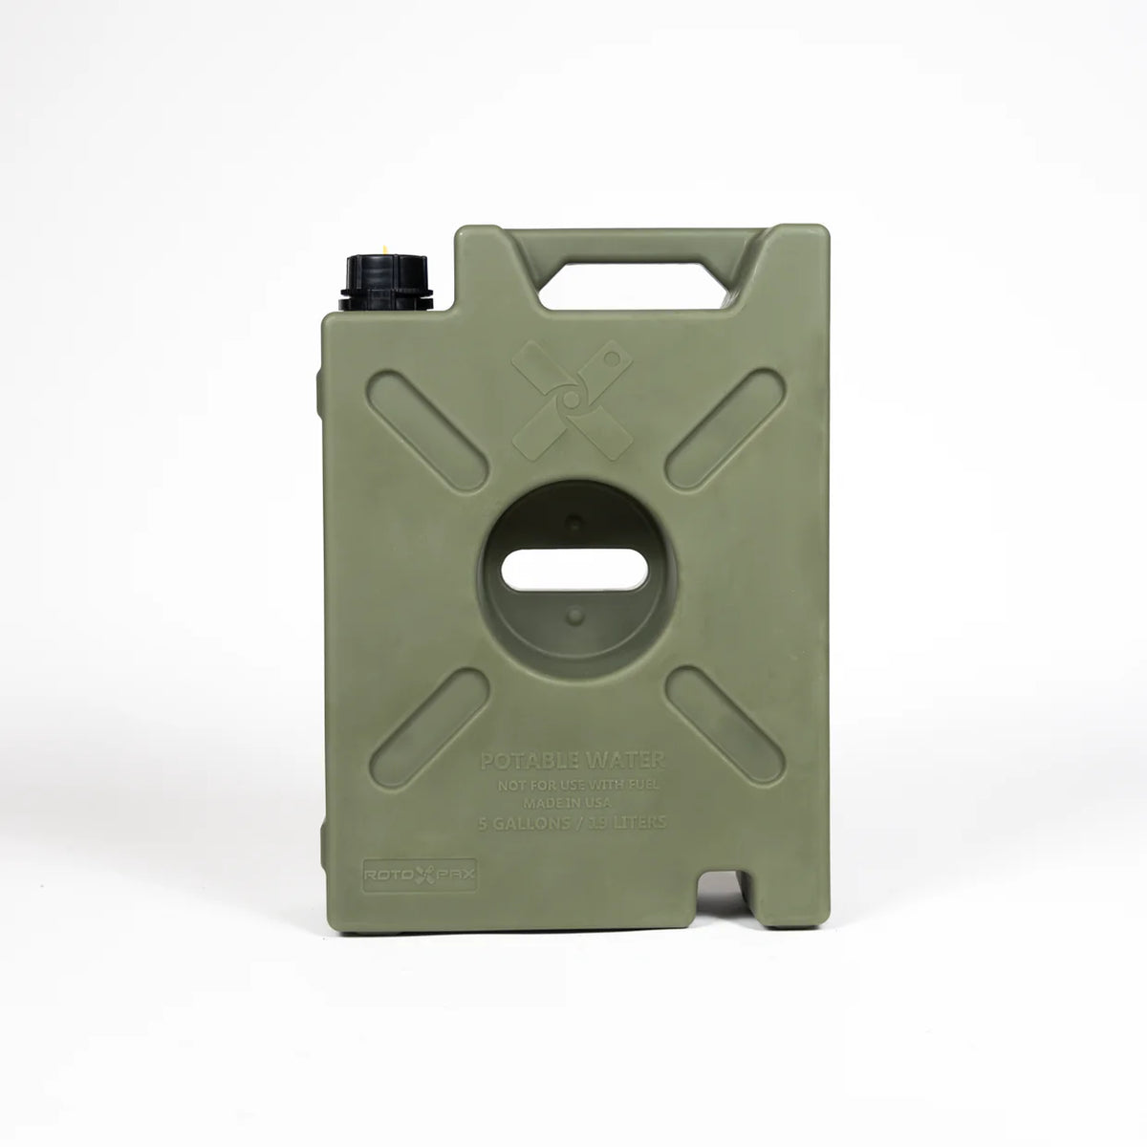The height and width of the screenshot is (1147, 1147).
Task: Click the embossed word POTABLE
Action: (525, 762)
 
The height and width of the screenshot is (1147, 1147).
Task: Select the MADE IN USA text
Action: (573, 803)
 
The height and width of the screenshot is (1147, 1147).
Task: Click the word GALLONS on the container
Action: (538, 823)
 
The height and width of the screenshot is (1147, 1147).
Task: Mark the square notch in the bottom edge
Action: (724, 893)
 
